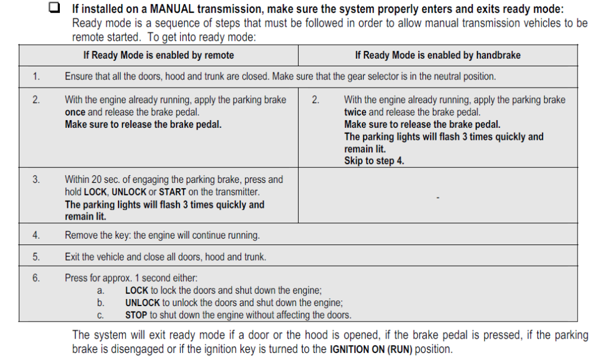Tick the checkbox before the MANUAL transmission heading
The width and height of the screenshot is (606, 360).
(54, 8)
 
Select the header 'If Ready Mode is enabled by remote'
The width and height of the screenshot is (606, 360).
(159, 55)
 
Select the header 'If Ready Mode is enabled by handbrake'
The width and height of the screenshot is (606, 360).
(437, 55)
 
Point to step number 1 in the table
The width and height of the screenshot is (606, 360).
(36, 76)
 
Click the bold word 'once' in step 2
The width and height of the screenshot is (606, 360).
(75, 112)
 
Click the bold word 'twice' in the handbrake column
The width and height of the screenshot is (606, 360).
(355, 112)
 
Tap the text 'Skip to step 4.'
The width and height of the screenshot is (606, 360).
(374, 161)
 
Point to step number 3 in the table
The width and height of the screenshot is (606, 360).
(36, 179)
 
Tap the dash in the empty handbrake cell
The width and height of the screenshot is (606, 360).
(437, 198)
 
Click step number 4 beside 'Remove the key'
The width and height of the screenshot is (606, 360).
(36, 235)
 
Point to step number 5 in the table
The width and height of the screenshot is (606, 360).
(36, 257)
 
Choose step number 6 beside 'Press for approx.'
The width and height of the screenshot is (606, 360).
(36, 278)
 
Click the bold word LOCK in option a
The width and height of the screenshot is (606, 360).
(136, 290)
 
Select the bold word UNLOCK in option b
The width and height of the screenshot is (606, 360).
(142, 303)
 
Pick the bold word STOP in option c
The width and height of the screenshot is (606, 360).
(136, 315)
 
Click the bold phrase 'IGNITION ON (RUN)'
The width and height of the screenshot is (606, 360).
(370, 349)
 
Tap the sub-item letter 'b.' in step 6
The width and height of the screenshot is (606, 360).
(100, 303)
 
